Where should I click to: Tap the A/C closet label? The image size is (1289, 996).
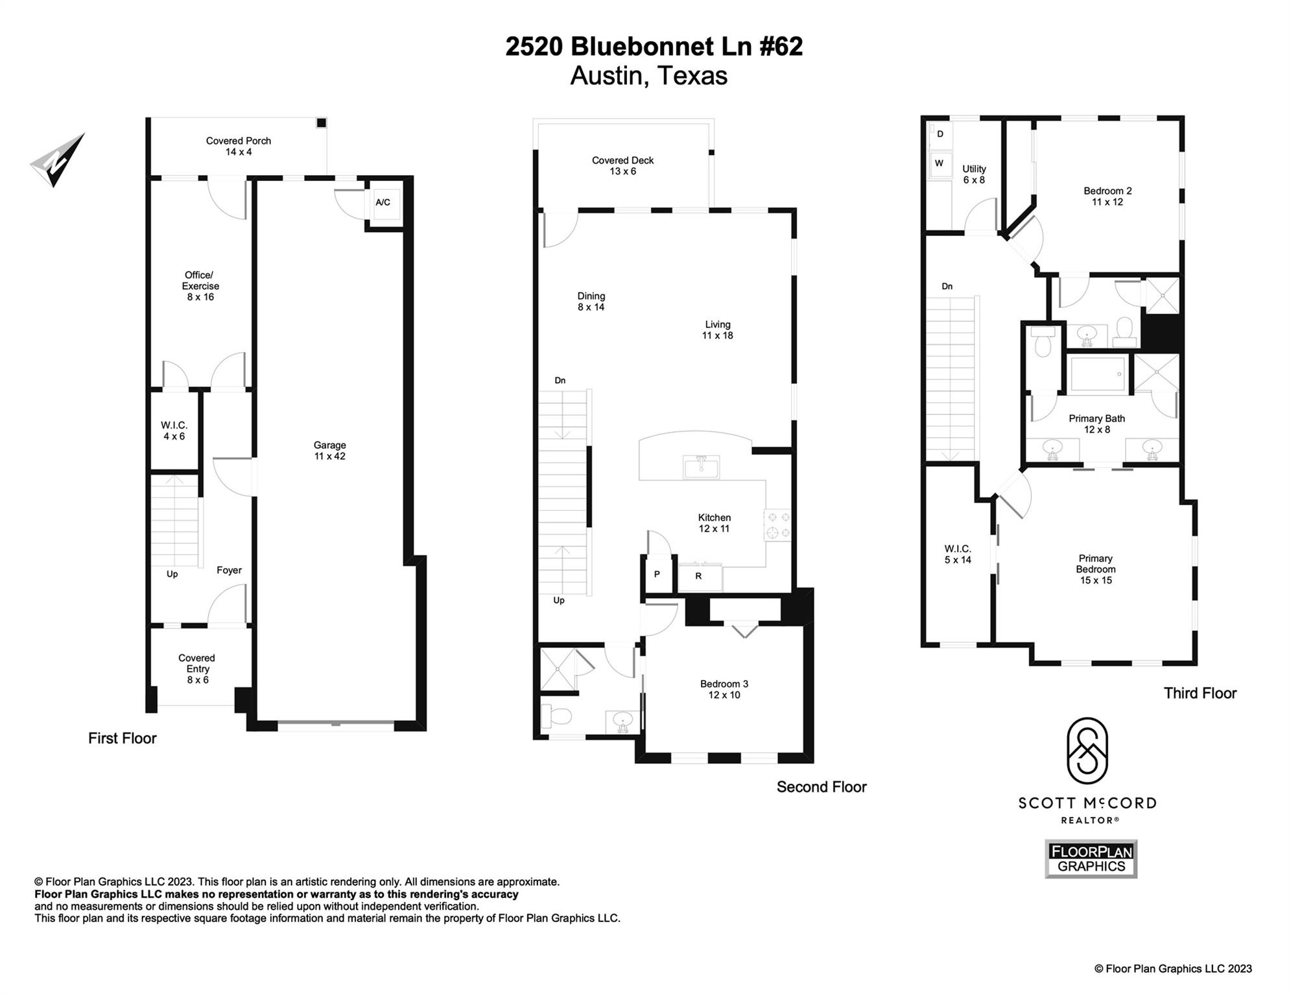[383, 202]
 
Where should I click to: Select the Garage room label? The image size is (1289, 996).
[329, 451]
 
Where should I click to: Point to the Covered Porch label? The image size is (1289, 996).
[239, 147]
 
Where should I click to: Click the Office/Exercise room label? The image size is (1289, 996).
[200, 286]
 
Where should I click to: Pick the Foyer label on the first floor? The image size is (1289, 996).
[229, 570]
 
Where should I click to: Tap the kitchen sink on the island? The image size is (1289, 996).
[700, 467]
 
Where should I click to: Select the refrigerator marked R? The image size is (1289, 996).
[700, 576]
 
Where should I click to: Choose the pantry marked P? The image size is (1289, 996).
[657, 575]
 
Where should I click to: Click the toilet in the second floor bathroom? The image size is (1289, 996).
[556, 716]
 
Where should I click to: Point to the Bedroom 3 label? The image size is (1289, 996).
[724, 689]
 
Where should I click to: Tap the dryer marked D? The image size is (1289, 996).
[940, 134]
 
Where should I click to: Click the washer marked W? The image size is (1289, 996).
[940, 163]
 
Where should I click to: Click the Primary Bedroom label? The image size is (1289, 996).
[1096, 569]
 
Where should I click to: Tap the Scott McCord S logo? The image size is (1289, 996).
[1087, 751]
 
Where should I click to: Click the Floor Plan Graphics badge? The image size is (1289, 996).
[1091, 859]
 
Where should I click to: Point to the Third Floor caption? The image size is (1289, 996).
[1200, 693]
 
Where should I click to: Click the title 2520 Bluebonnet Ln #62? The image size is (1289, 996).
[654, 46]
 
